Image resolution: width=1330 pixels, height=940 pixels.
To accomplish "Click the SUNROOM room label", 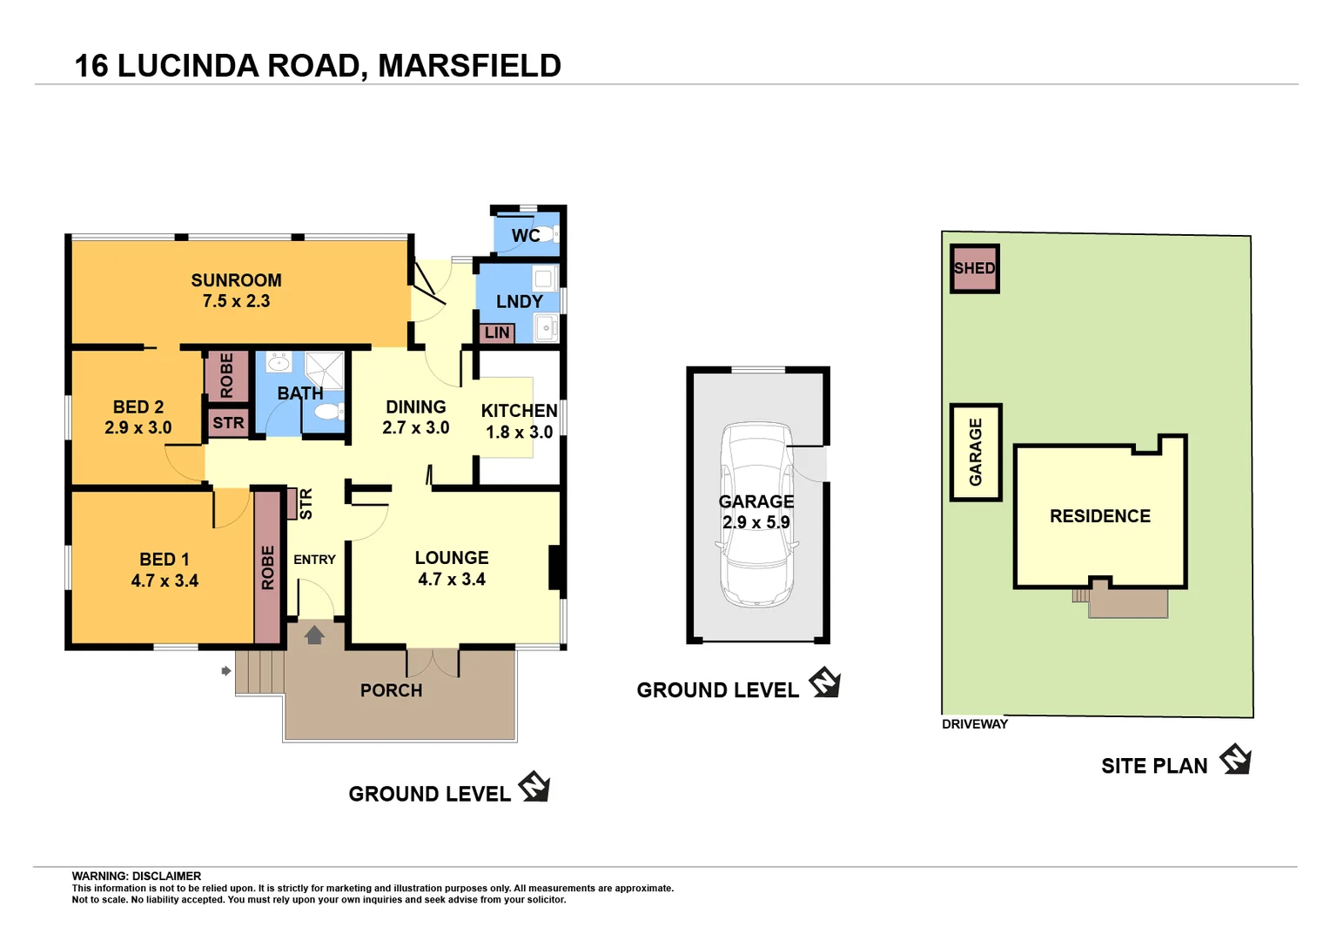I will pyautogui.click(x=236, y=280).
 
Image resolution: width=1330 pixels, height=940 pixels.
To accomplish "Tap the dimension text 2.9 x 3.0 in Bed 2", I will pyautogui.click(x=138, y=427).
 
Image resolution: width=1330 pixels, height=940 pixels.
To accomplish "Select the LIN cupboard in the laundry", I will pyautogui.click(x=496, y=332).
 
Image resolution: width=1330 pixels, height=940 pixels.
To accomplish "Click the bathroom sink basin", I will pyautogui.click(x=279, y=362).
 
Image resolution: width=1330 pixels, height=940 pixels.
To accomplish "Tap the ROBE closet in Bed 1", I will pyautogui.click(x=268, y=567).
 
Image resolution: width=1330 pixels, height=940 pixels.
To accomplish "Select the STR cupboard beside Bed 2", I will pyautogui.click(x=228, y=423).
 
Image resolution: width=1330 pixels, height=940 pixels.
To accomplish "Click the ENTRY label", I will pyautogui.click(x=314, y=560).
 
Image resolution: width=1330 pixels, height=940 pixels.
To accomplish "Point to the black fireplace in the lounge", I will pyautogui.click(x=555, y=567).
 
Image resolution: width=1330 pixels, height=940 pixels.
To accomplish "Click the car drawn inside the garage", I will pyautogui.click(x=756, y=514).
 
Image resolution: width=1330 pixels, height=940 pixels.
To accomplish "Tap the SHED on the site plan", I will pyautogui.click(x=974, y=268).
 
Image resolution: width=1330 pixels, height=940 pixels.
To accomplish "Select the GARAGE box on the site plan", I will pyautogui.click(x=976, y=452).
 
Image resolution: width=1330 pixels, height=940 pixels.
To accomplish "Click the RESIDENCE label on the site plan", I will pyautogui.click(x=1099, y=516).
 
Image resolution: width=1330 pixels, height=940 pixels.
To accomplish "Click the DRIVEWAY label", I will pyautogui.click(x=974, y=724).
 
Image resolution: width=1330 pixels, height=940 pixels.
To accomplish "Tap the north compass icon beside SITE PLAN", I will pyautogui.click(x=1235, y=759).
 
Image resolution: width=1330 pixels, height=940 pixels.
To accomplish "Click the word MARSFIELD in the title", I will pyautogui.click(x=469, y=66).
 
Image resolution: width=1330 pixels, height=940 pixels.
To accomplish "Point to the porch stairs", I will pyautogui.click(x=259, y=672).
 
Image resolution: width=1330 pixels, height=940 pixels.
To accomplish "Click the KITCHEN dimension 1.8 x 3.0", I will pyautogui.click(x=519, y=432).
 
